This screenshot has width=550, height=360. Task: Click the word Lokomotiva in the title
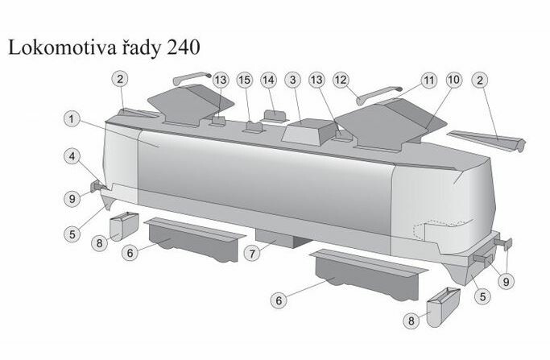[x=63, y=47]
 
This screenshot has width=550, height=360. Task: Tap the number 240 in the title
[x=184, y=47]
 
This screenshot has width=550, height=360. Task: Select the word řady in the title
[x=142, y=48]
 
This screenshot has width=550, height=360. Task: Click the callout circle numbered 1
[x=72, y=119]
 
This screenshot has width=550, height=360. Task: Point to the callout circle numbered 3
[x=293, y=80]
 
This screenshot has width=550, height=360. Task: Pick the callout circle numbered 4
[x=72, y=156]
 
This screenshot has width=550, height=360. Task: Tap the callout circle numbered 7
[x=252, y=254]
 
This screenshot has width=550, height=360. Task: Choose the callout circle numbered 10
[x=454, y=80]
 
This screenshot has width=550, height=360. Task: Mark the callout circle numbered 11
[x=429, y=81]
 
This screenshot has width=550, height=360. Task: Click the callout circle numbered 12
[x=341, y=80]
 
